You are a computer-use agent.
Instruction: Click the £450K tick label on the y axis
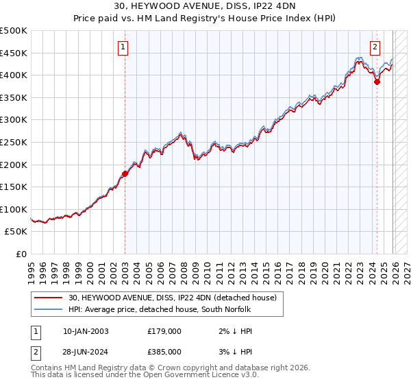pos(14,53)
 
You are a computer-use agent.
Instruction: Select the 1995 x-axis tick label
pos(32,266)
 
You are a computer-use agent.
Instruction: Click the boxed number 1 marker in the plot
pos(123,47)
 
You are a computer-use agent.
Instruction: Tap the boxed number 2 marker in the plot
pos(375,47)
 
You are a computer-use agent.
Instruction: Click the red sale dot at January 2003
pos(125,173)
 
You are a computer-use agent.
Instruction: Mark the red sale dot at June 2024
pos(377,82)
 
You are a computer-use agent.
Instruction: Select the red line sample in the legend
pos(49,298)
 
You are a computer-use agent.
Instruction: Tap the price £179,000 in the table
pos(164,331)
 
